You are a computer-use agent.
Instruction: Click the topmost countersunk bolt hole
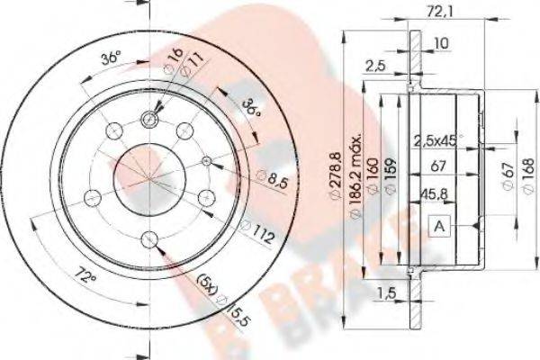tap(150, 120)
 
